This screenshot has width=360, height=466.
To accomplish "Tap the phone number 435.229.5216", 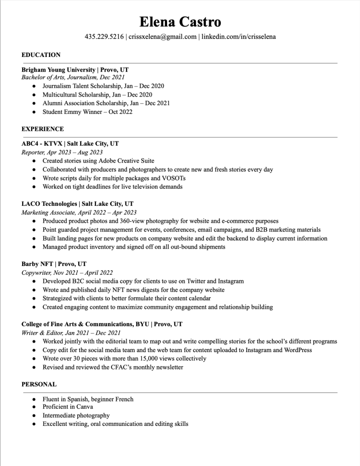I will [104, 36].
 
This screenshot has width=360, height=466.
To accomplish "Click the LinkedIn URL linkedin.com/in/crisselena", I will [238, 36].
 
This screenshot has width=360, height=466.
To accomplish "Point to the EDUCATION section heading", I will [41, 55].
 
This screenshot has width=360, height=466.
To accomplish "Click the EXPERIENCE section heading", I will [43, 129].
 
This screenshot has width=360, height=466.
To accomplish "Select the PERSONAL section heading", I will [39, 384].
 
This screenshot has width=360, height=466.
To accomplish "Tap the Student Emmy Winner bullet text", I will [87, 112].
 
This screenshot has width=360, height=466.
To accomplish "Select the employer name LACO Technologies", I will [49, 204].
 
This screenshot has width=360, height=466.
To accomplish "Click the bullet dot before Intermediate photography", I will [34, 415].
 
